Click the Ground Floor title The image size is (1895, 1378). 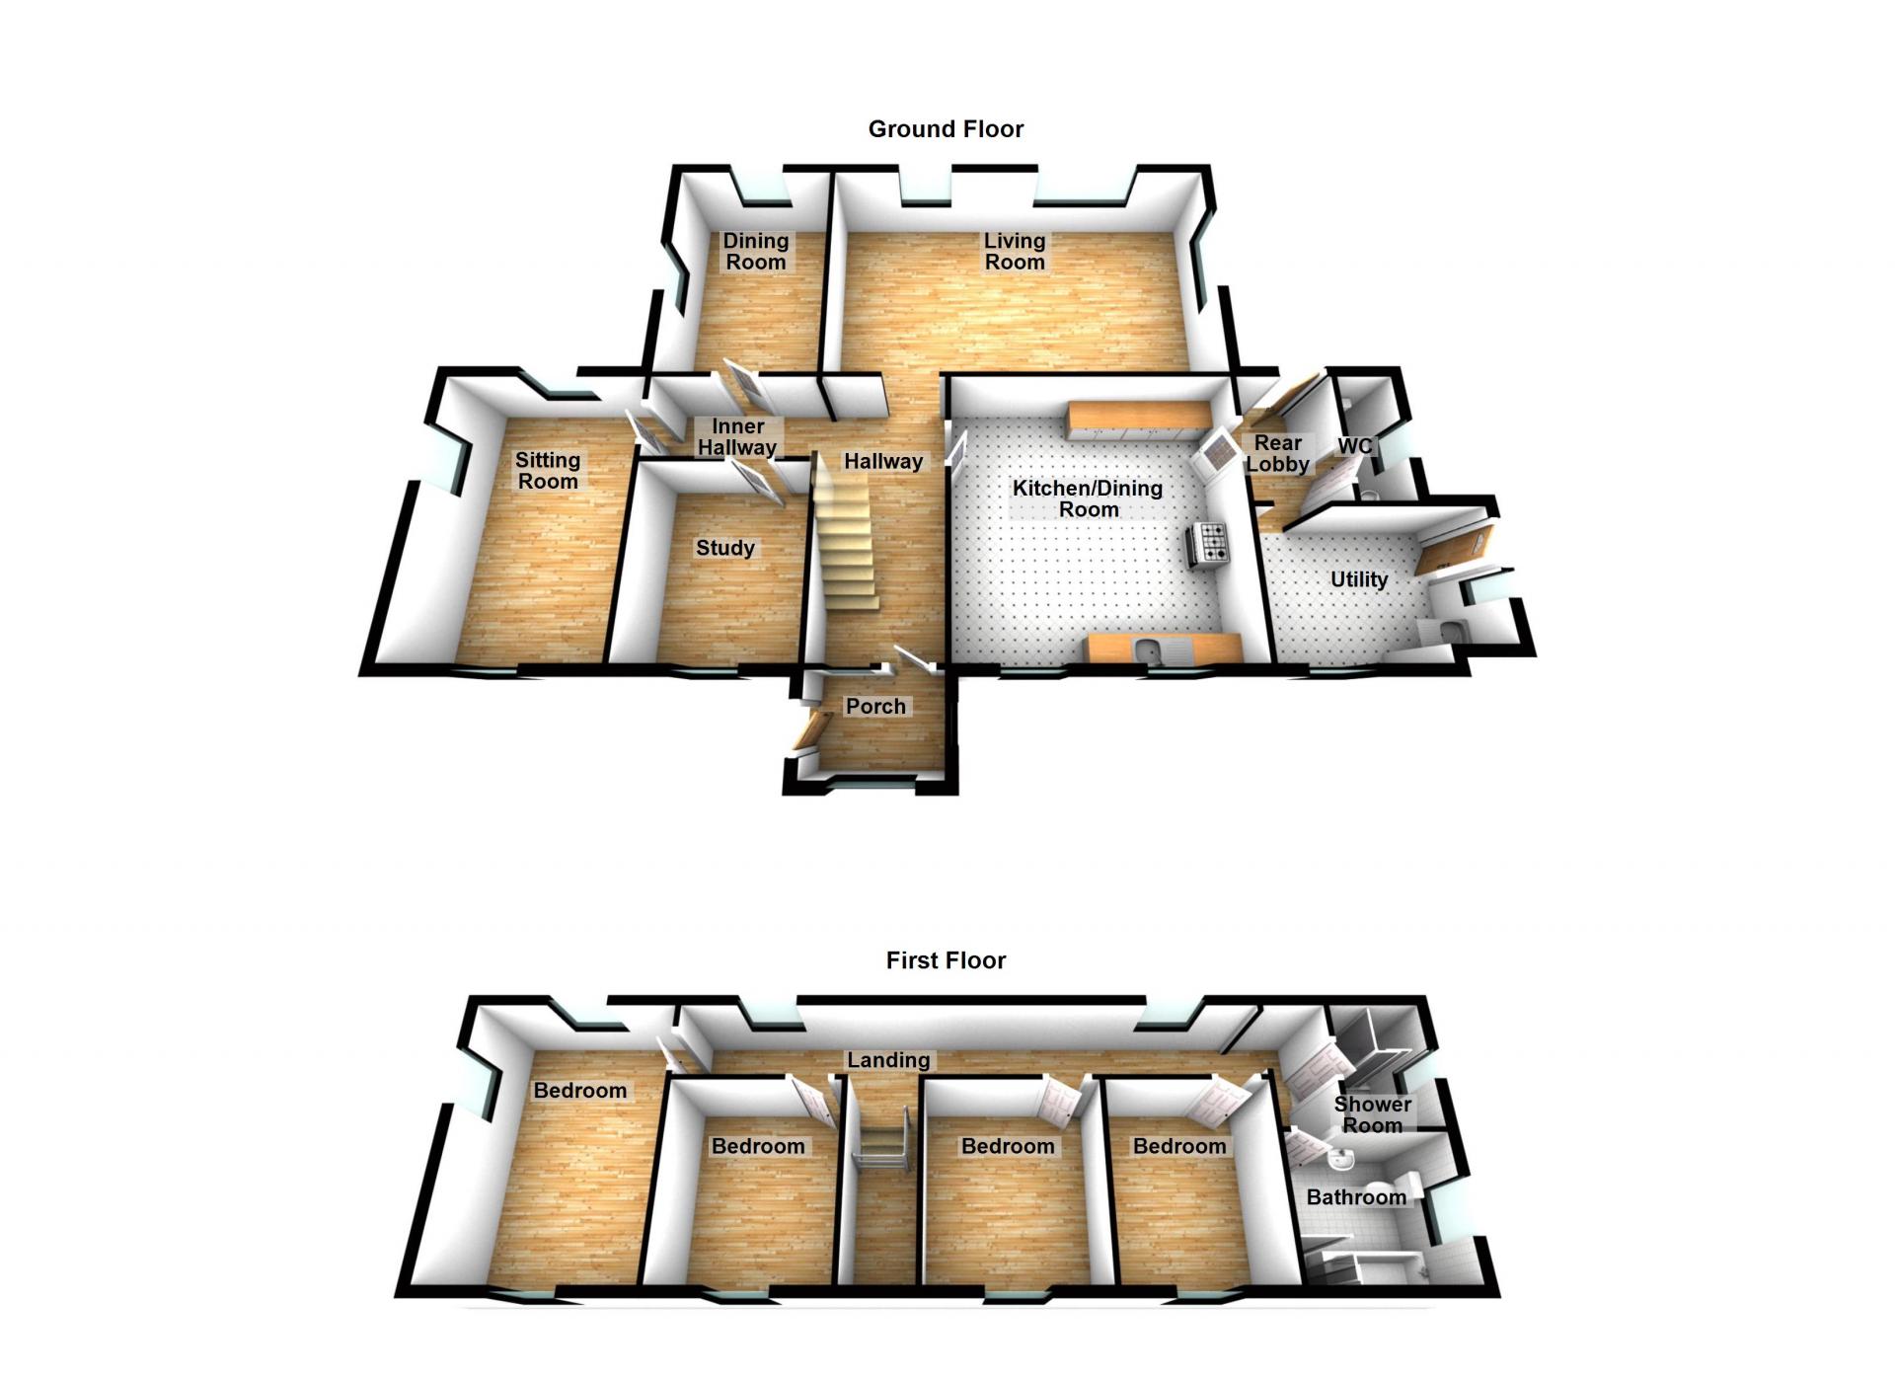pos(946,129)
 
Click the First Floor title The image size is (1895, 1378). pos(946,960)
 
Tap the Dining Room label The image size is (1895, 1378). pos(756,252)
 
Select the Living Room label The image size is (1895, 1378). pos(1015,252)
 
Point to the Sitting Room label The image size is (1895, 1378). pos(548,471)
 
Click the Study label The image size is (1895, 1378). pos(725,548)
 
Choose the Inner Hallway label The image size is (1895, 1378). pos(737,437)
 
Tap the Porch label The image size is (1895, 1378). pos(875,707)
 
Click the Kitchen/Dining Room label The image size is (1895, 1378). pos(1088,498)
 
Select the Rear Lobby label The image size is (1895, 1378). pos(1278,453)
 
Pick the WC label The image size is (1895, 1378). pos(1355,446)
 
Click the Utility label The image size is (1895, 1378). pos(1359,579)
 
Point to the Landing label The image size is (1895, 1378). pos(888,1060)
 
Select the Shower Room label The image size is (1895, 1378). pos(1373,1114)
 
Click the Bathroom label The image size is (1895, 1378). pos(1356,1197)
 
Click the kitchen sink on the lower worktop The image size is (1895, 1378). pos(1147,649)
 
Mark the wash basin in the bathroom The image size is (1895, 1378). pos(1341,1159)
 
